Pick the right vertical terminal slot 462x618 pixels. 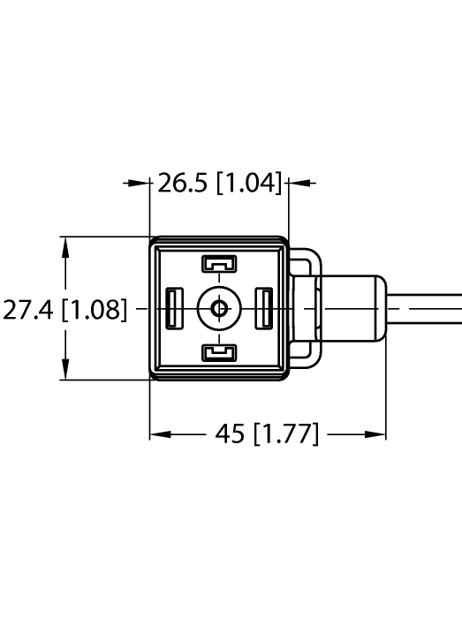click(x=264, y=309)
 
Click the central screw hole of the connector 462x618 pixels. click(x=218, y=309)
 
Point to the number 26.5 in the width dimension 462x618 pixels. click(x=186, y=184)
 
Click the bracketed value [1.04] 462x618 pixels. click(x=249, y=184)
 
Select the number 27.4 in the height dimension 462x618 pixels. click(x=27, y=310)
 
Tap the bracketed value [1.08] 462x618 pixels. click(x=94, y=310)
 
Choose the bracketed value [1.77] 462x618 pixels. click(x=285, y=434)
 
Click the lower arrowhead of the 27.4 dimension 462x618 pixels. click(x=64, y=372)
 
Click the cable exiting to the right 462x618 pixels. click(x=428, y=309)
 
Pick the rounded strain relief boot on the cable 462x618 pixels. click(x=353, y=309)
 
